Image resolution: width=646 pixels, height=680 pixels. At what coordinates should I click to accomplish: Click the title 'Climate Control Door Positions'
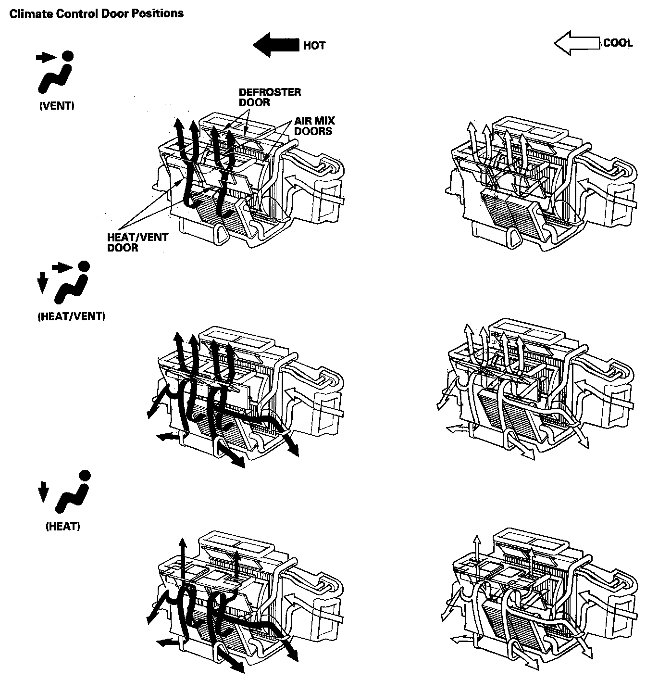(x=96, y=13)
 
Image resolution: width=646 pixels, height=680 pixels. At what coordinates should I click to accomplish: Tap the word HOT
(x=314, y=46)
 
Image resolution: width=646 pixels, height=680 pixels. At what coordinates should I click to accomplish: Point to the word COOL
(x=618, y=43)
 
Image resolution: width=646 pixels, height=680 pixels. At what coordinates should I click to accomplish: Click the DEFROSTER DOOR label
(x=270, y=97)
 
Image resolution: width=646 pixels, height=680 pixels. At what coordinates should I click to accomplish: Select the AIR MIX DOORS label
(x=314, y=126)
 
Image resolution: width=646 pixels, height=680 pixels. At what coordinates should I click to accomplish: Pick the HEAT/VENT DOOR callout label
(x=137, y=243)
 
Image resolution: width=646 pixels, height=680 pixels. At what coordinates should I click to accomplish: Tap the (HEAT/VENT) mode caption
(x=71, y=316)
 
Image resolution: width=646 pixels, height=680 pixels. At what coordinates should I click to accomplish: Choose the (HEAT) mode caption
(x=62, y=527)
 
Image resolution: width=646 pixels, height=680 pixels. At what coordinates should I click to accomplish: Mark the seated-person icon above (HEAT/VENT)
(x=71, y=286)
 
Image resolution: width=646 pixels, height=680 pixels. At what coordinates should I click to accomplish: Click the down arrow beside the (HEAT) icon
(x=43, y=492)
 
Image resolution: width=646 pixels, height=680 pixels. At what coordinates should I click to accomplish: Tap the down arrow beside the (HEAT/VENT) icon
(x=42, y=283)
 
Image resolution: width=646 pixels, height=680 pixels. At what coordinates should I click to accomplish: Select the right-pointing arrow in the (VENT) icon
(x=46, y=58)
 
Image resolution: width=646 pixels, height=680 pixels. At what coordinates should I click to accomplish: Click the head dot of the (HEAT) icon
(x=84, y=476)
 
